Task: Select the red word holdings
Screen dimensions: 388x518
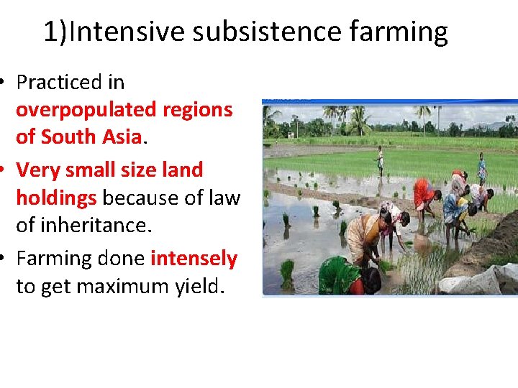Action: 55,198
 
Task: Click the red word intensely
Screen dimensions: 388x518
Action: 194,258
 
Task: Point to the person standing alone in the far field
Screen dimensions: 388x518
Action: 380,160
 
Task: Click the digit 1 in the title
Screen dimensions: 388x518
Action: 50,32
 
